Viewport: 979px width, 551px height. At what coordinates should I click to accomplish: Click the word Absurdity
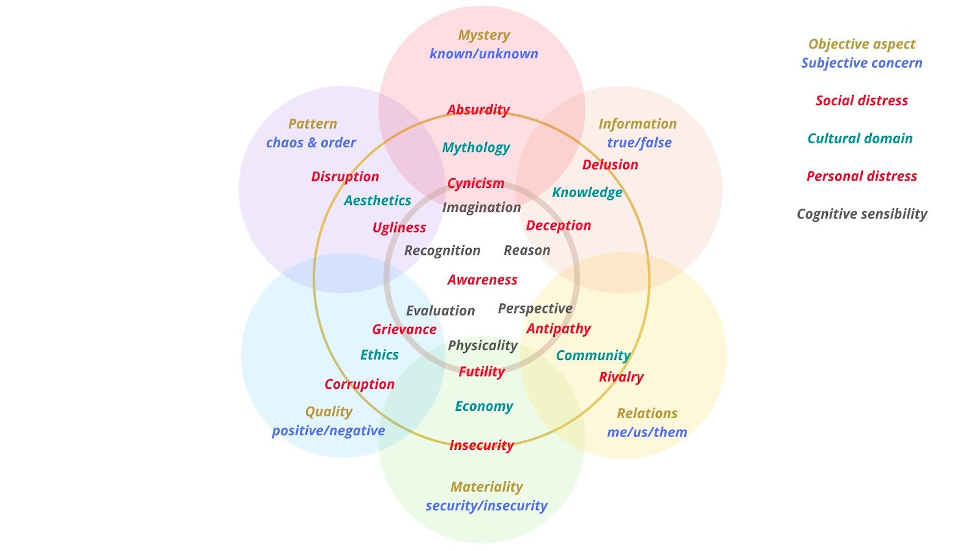point(478,110)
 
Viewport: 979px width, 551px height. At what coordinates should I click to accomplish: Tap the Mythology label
point(476,148)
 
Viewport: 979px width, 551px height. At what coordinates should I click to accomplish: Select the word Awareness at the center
point(482,280)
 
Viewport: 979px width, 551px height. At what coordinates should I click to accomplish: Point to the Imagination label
point(482,208)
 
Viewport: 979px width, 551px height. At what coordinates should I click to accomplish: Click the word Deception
point(559,225)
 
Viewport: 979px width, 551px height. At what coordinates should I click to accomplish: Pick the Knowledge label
point(587,192)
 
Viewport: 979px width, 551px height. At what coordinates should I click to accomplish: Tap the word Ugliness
point(399,228)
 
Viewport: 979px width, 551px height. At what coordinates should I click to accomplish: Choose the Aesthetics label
point(378,200)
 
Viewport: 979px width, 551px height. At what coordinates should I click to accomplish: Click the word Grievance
point(404,329)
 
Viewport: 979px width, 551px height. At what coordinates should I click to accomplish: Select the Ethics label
point(379,355)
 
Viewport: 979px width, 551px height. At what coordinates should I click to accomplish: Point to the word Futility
point(482,372)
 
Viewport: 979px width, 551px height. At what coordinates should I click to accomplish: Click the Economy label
point(484,407)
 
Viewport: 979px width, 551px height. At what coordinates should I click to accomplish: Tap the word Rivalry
point(621,377)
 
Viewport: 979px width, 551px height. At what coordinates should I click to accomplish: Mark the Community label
point(593,356)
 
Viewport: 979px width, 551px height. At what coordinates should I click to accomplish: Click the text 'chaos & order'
point(311,143)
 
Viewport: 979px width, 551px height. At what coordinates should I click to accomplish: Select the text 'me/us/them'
point(647,432)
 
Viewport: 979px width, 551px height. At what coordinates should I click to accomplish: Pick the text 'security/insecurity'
point(486,506)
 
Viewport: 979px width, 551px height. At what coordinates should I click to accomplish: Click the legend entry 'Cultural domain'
point(860,138)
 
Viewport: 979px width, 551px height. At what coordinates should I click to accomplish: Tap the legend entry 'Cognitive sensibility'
point(862,214)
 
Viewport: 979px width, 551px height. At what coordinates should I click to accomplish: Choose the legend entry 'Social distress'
point(862,100)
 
